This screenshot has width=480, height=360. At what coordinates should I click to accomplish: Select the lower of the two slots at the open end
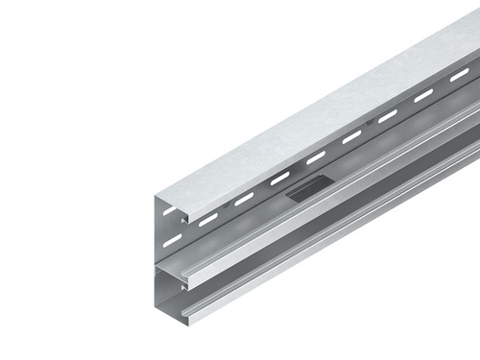coord(172,241)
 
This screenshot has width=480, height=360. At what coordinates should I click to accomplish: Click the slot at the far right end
coord(460,75)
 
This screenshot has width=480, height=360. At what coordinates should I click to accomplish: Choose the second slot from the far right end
coord(423,95)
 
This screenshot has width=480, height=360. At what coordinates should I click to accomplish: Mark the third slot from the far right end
coord(387,116)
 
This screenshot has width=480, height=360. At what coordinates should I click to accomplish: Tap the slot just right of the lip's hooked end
coord(208,219)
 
